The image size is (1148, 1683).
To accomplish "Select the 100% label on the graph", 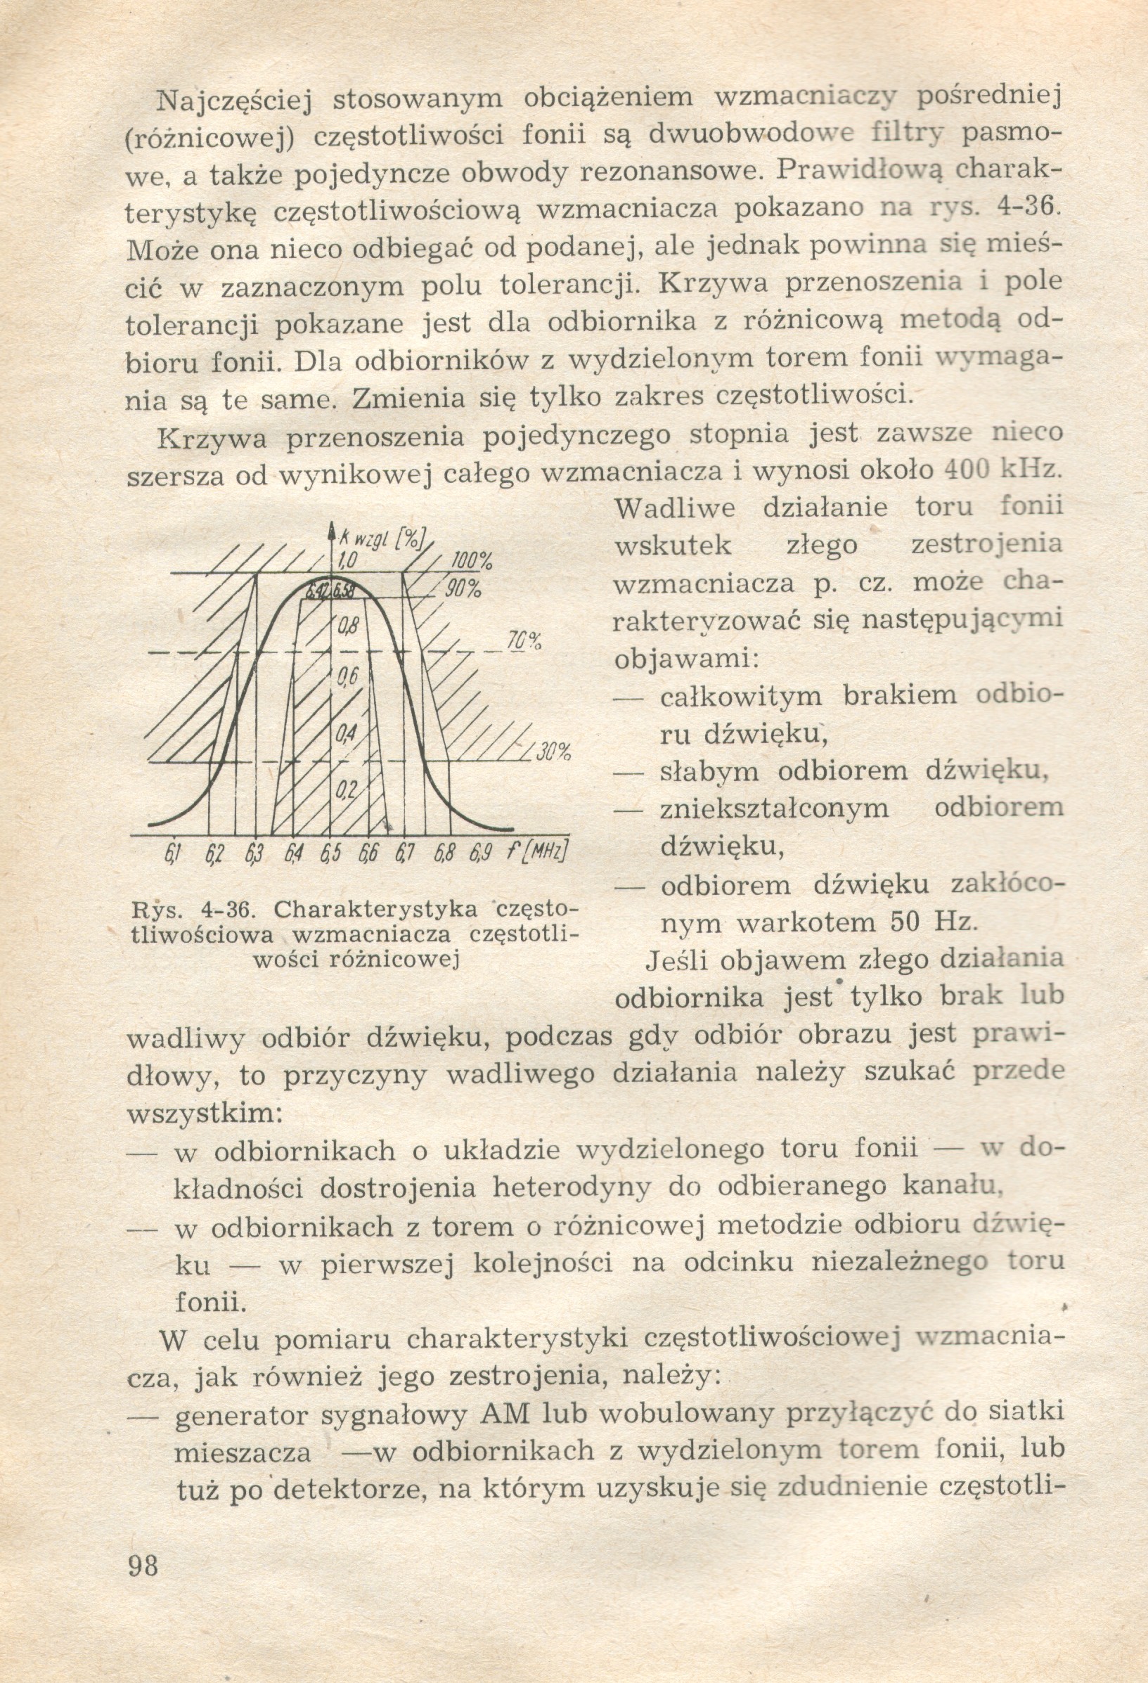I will tap(472, 561).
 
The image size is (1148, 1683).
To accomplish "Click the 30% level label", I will tap(554, 752).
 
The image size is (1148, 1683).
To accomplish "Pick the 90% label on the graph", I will tap(463, 588).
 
